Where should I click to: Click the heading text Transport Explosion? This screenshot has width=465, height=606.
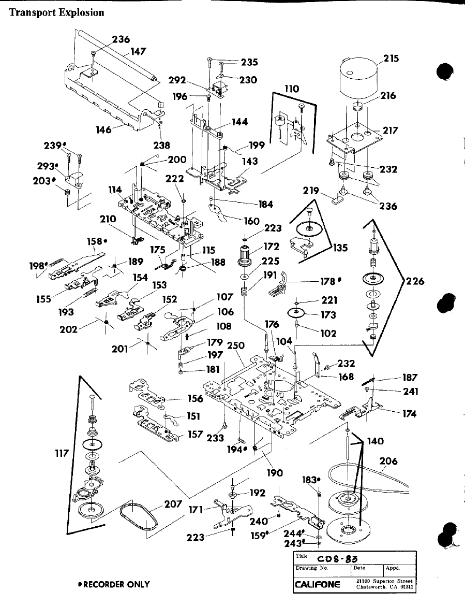57,12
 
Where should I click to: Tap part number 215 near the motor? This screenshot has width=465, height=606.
392,59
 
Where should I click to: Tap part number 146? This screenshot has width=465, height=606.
103,130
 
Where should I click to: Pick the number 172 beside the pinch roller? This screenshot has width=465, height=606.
272,246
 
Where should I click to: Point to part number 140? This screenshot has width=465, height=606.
375,441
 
